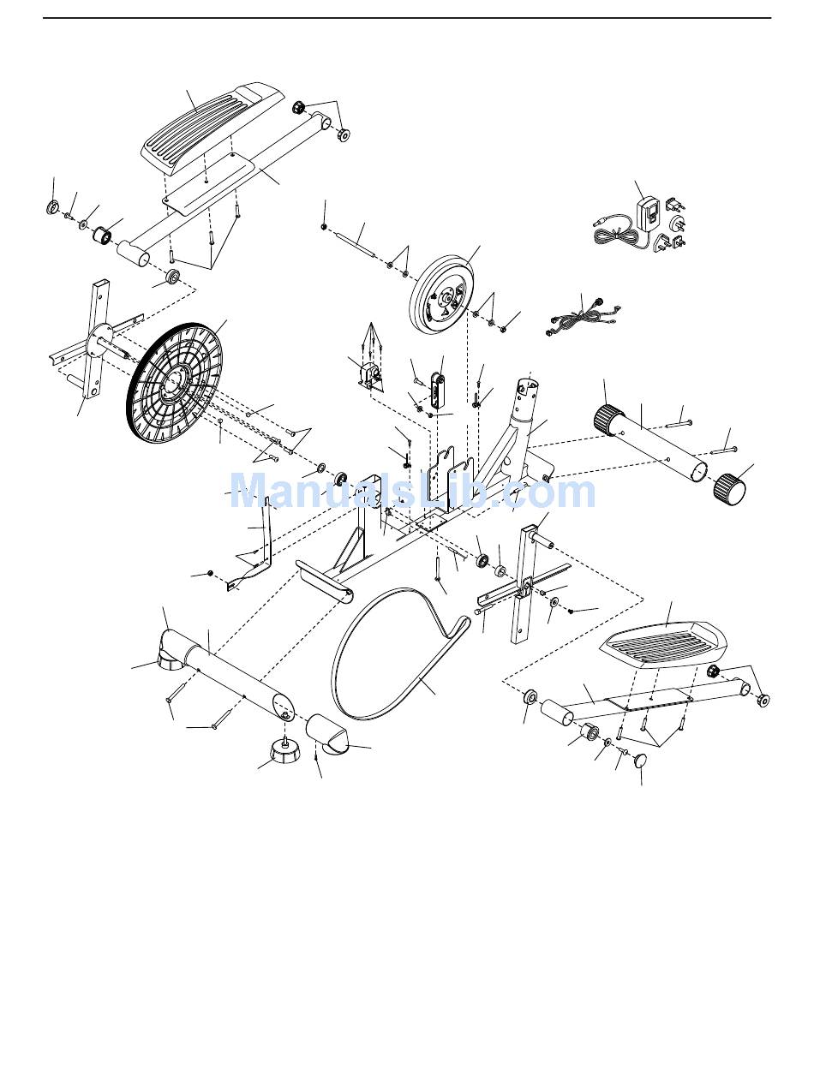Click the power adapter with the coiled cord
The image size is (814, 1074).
(649, 214)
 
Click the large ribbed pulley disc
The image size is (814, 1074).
(175, 381)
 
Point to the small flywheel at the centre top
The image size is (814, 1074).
(443, 295)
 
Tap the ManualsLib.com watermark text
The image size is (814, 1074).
(411, 492)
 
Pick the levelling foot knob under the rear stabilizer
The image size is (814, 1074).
(284, 754)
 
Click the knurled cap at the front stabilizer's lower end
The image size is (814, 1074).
(729, 487)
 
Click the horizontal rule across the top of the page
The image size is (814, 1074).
(407, 18)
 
